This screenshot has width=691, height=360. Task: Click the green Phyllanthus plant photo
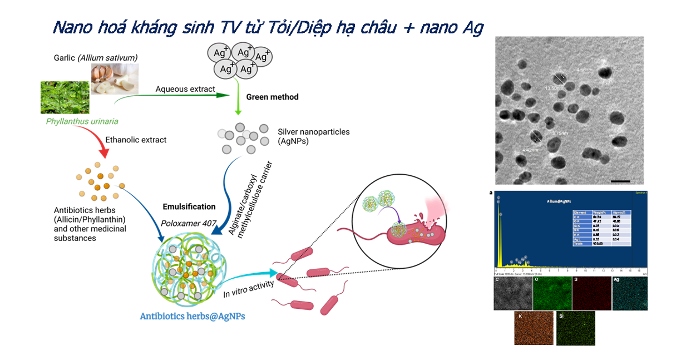[65, 97]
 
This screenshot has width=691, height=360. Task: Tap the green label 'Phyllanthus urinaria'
[82, 121]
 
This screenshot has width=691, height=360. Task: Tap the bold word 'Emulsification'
[189, 206]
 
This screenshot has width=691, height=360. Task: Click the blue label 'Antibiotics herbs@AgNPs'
[193, 316]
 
